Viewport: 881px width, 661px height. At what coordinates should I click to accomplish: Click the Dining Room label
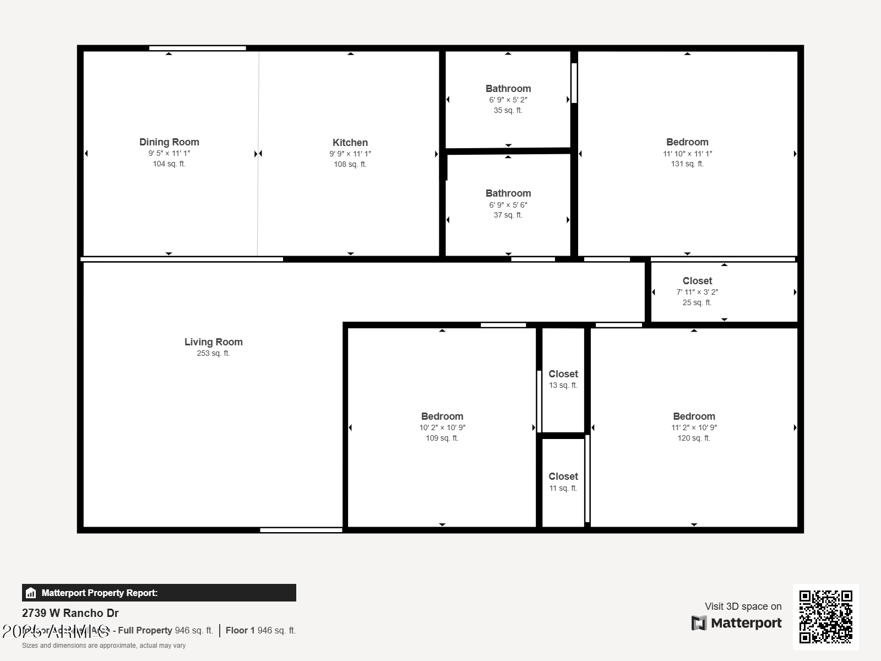169,142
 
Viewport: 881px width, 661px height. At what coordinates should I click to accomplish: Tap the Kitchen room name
350,143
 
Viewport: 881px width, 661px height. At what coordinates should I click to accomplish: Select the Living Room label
213,342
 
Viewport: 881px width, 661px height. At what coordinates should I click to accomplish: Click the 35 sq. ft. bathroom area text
508,110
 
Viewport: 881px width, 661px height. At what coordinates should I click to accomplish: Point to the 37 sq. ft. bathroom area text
508,215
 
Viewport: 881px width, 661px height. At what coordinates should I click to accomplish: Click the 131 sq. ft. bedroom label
687,142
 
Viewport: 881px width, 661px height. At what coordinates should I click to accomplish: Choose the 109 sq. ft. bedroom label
442,416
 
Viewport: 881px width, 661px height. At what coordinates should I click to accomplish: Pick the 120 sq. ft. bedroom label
694,416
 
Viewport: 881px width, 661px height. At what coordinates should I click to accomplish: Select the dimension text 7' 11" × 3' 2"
697,292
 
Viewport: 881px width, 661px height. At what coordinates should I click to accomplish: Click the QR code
825,616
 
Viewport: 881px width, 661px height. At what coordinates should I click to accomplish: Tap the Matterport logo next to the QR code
736,623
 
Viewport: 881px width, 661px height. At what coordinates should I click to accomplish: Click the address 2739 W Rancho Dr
70,613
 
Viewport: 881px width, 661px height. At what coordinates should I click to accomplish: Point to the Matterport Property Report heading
99,593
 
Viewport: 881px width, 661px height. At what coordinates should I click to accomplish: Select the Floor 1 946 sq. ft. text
260,630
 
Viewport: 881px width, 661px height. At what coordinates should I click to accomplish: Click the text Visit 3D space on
743,606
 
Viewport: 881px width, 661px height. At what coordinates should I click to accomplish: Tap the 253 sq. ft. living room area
213,354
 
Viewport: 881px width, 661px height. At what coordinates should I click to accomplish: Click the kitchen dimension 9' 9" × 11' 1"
350,154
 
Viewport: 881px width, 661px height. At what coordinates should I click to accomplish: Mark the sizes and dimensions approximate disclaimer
104,646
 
